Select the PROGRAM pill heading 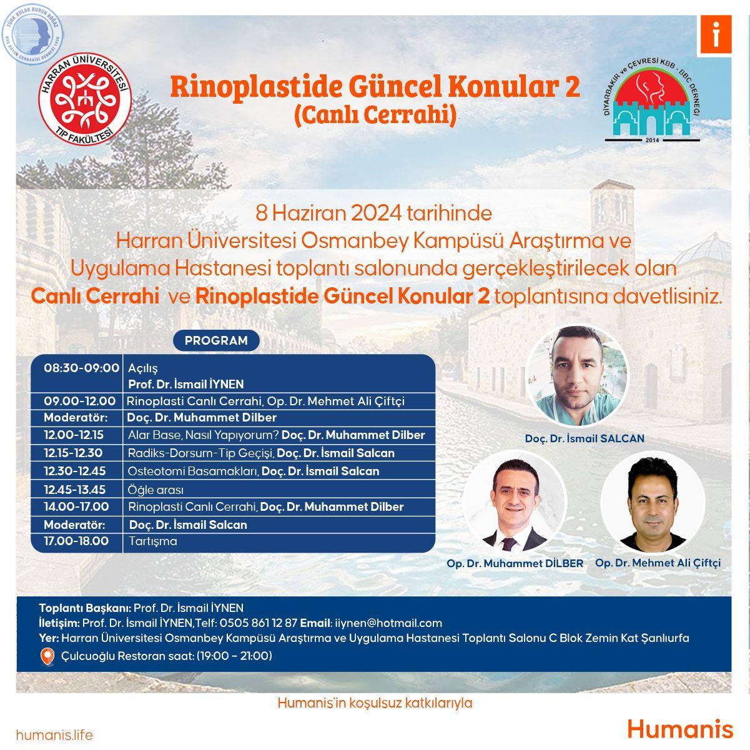click(216, 340)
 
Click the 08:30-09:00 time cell click(81, 368)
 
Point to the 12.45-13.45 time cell click(75, 490)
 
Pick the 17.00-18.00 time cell click(76, 541)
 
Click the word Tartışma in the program click(152, 541)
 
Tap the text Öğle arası click(155, 490)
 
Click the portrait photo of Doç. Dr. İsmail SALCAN click(576, 376)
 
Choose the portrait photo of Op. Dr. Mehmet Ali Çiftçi click(653, 502)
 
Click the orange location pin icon click(47, 656)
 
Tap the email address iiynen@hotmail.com click(388, 623)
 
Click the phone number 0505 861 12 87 click(258, 623)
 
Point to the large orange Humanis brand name click(680, 730)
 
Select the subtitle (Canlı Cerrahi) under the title click(375, 116)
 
